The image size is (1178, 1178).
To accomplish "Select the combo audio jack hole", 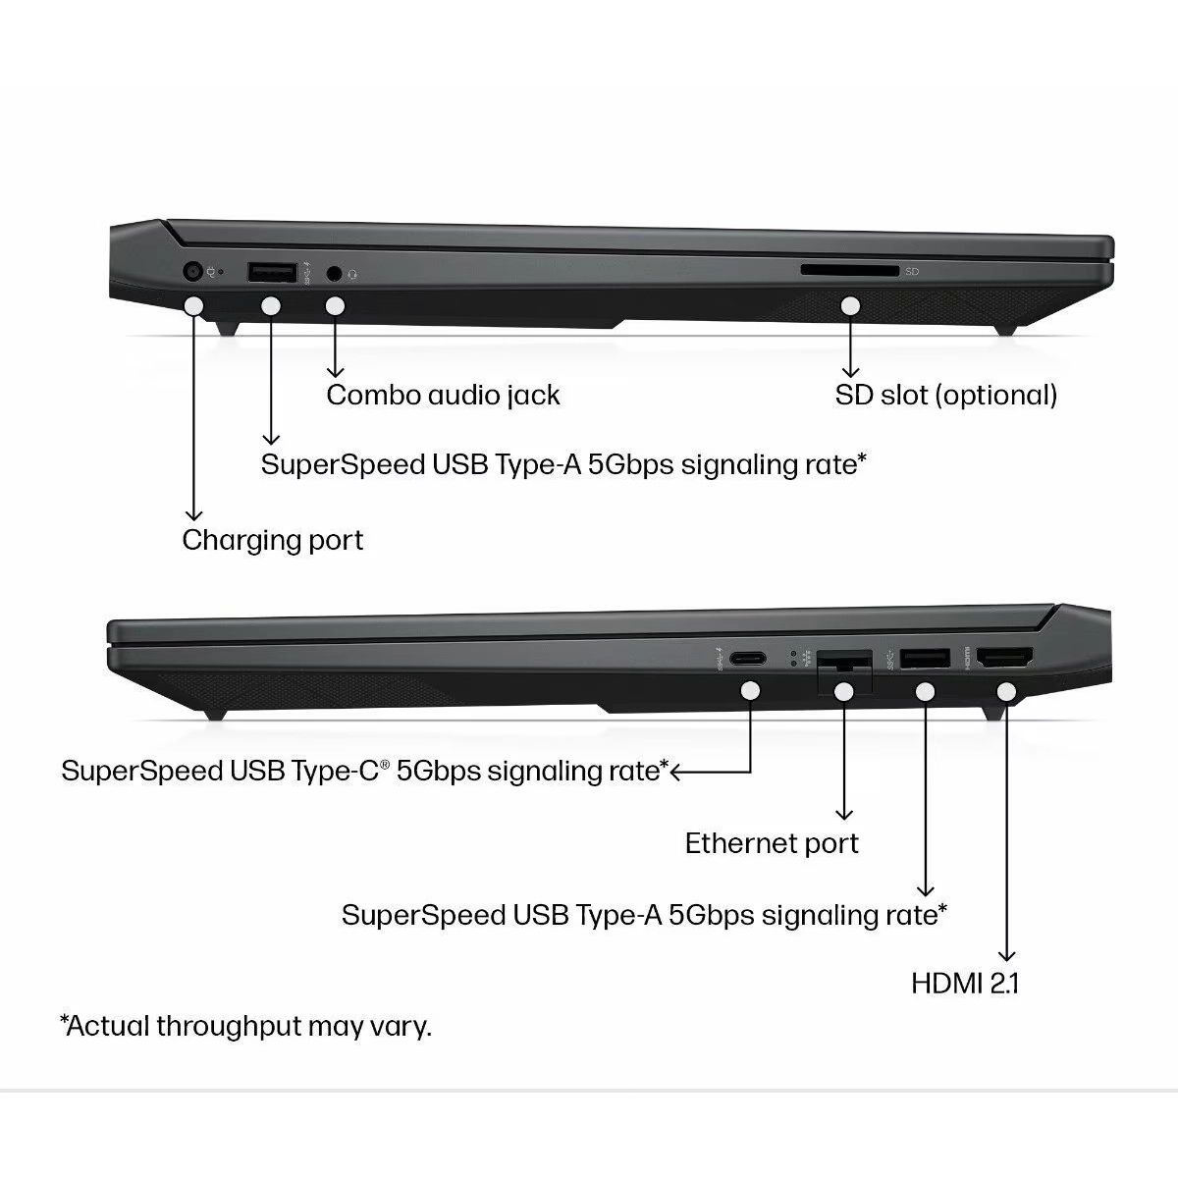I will (x=335, y=272).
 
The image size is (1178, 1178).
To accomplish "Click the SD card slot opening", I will (x=849, y=270).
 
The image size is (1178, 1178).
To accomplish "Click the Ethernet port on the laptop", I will (x=843, y=661).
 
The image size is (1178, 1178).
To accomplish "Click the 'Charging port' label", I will (x=272, y=540).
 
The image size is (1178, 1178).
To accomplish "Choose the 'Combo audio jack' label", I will (x=443, y=396).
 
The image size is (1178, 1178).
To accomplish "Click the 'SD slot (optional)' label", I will (x=946, y=396).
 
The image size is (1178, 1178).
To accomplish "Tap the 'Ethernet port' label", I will (x=772, y=843).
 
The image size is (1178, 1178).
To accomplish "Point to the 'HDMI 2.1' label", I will (x=965, y=983).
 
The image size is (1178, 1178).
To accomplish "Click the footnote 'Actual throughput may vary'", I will (x=245, y=1027).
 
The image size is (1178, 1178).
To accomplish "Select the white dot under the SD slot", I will (x=850, y=306).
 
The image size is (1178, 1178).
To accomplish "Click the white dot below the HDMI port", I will (x=1005, y=692).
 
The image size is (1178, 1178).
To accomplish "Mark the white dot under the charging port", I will (x=194, y=306).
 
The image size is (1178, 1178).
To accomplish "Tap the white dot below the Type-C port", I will (x=751, y=691).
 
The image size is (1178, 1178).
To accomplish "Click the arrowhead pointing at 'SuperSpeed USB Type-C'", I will (x=676, y=772).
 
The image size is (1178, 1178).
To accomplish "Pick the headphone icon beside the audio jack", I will (x=352, y=274).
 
